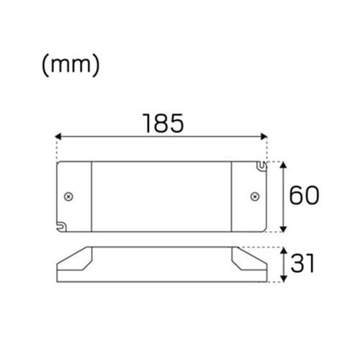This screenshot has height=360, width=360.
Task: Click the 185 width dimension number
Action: click(x=161, y=123)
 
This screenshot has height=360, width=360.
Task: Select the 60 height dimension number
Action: click(x=303, y=195)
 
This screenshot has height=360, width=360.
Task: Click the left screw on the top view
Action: click(x=69, y=197)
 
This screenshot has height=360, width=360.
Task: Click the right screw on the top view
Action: click(x=253, y=197)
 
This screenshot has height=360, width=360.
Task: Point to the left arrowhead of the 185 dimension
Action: click(x=59, y=135)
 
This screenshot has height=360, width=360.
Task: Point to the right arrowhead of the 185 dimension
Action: click(x=264, y=135)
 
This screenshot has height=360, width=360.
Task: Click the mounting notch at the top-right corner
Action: click(x=261, y=167)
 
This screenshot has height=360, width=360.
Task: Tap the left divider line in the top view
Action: click(x=92, y=197)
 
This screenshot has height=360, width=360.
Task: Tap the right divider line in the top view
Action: click(x=231, y=197)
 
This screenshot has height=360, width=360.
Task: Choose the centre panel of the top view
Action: click(x=161, y=197)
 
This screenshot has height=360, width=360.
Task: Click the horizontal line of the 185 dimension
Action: click(x=161, y=135)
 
